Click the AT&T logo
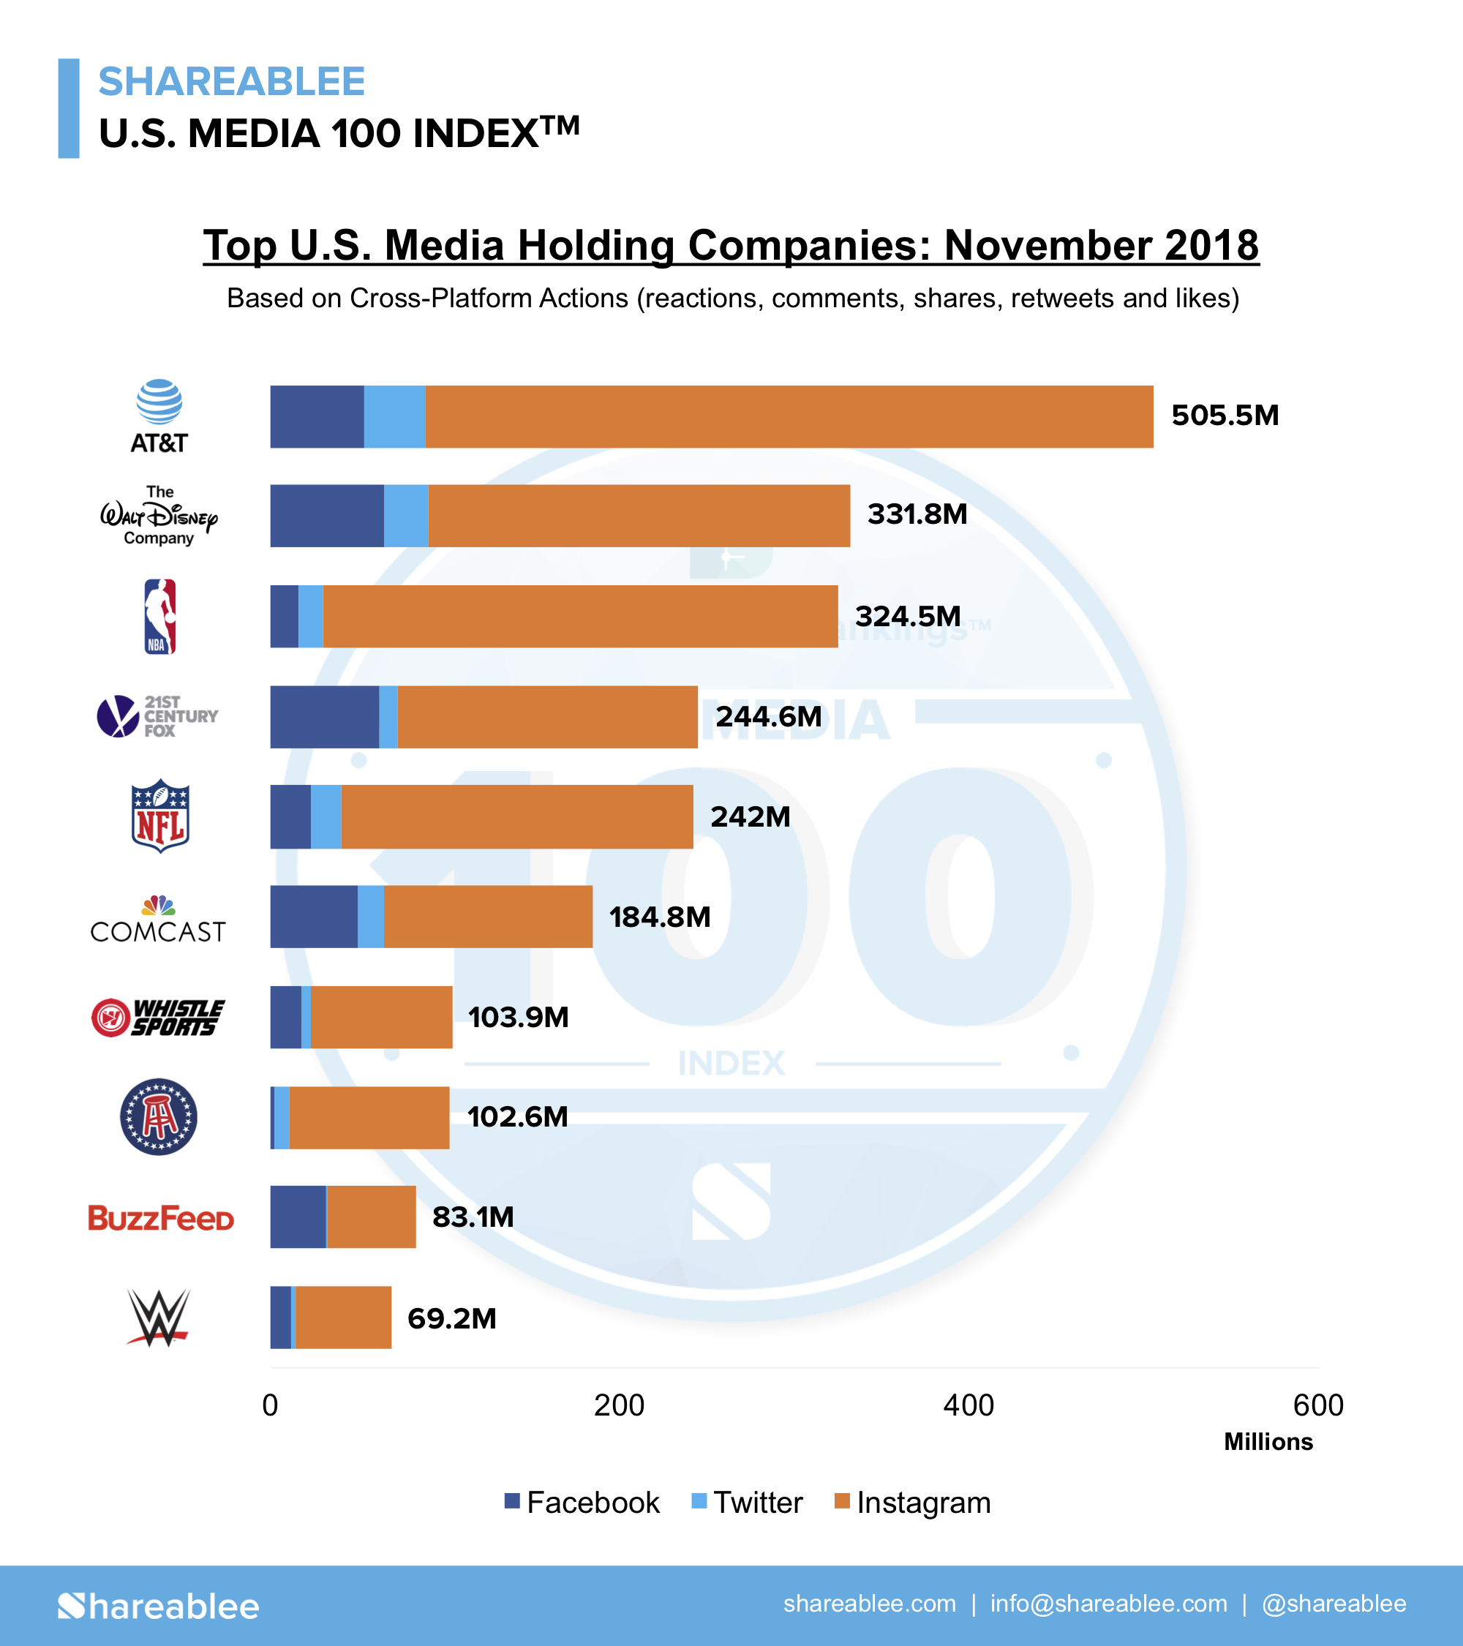coord(159,416)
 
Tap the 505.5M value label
coord(1225,416)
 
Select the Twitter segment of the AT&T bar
coord(394,416)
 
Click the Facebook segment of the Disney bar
coord(326,516)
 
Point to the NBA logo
coord(160,616)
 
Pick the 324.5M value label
coord(908,616)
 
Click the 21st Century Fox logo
coord(158,716)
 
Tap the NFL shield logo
coord(160,816)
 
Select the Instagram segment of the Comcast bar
coord(488,917)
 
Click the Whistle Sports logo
coord(158,1017)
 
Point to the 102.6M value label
coord(517,1117)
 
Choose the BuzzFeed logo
coord(160,1217)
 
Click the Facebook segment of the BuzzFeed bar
coord(298,1217)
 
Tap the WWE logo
coord(159,1318)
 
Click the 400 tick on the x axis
coord(969,1405)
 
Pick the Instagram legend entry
coord(912,1503)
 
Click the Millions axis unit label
coord(1268,1441)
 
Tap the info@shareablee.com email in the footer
coord(1109,1604)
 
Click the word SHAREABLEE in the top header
coord(232,81)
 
